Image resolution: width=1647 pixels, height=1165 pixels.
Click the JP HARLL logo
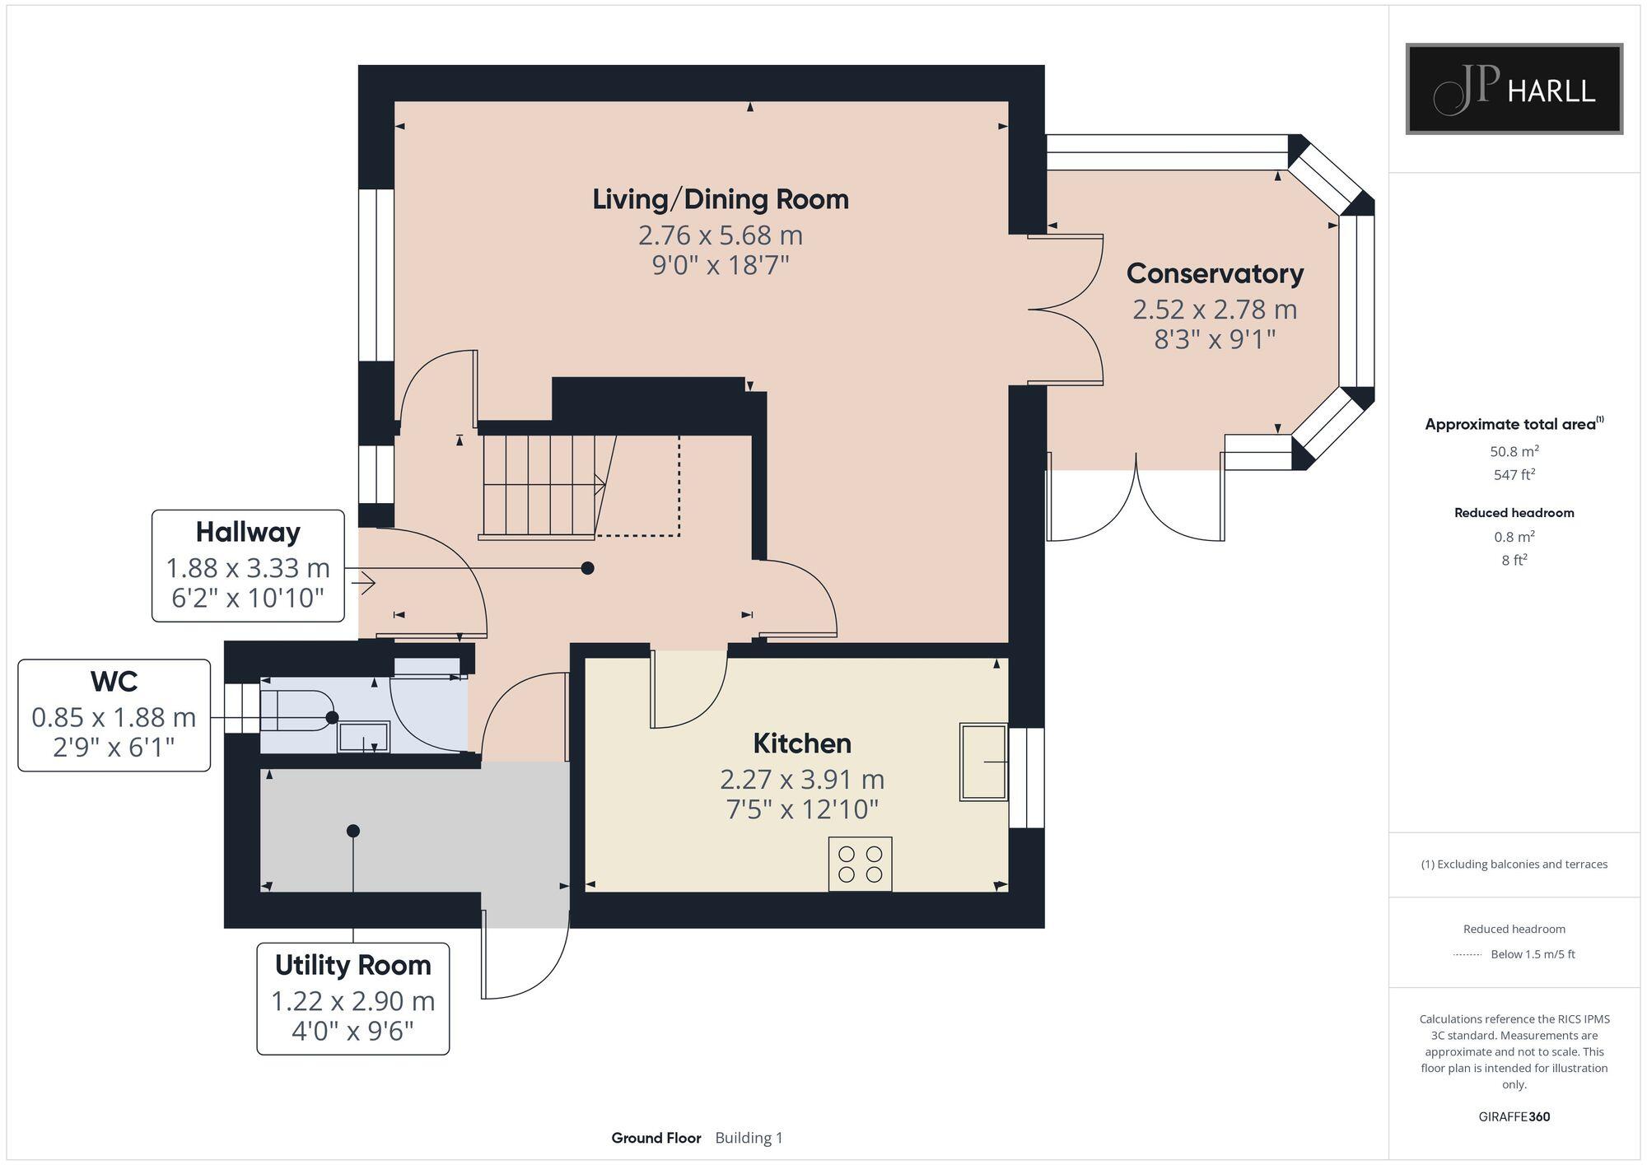coord(1514,89)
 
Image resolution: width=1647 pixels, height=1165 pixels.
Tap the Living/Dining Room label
coord(721,199)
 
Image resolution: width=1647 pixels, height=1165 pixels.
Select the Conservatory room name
coord(1215,273)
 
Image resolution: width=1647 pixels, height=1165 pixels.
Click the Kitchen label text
coord(802,743)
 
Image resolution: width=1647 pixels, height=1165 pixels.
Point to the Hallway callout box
coord(248,566)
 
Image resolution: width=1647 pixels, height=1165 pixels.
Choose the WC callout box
coord(114,715)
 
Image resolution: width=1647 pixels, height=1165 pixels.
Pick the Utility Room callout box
coord(353,999)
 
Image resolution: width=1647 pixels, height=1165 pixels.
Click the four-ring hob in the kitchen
coord(860,864)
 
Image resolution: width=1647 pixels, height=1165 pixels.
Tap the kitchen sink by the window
coord(983,762)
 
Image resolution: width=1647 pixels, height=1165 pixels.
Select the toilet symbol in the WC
coord(297,711)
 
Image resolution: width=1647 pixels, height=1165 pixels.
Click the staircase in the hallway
coord(544,487)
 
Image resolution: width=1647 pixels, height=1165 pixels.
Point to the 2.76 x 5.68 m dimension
coord(721,235)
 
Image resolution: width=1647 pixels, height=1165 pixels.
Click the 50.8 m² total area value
coord(1514,451)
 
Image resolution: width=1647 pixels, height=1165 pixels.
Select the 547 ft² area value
coord(1514,474)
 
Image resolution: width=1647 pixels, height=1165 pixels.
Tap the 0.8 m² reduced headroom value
coord(1514,537)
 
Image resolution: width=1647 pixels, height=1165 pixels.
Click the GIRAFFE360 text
coord(1514,1117)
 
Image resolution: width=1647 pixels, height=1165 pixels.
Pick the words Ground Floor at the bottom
coord(656,1138)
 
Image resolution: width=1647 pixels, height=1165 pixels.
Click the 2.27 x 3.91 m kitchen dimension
coord(802,779)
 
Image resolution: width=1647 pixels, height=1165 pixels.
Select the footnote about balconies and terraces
coord(1514,864)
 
